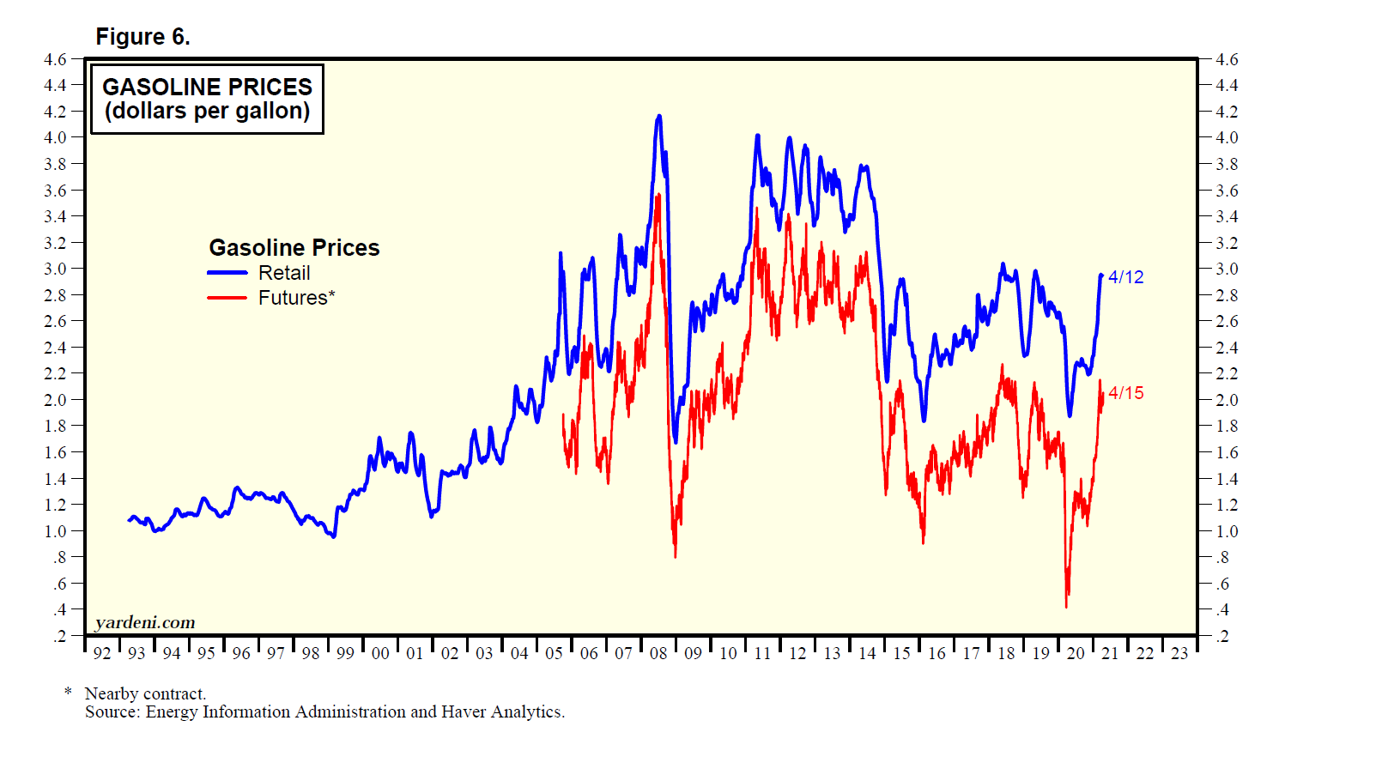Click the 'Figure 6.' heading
[x=142, y=37]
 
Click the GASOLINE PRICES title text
[x=207, y=87]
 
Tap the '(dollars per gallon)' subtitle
[x=207, y=111]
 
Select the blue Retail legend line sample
[x=227, y=273]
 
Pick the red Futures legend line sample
[x=227, y=298]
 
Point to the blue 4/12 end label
[x=1125, y=277]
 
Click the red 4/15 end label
[x=1125, y=393]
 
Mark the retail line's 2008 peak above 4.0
[x=658, y=116]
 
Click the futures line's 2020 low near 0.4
[x=1066, y=606]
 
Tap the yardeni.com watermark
[x=145, y=622]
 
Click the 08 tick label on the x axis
[x=658, y=653]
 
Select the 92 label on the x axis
[x=102, y=653]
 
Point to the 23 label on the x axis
[x=1179, y=653]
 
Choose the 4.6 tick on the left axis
[x=55, y=59]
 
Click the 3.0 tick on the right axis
[x=1227, y=269]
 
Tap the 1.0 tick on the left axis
[x=55, y=531]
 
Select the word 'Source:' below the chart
[x=112, y=711]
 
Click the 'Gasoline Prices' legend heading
[x=294, y=248]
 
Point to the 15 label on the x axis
[x=901, y=653]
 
